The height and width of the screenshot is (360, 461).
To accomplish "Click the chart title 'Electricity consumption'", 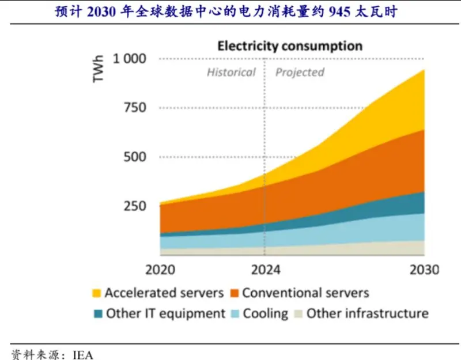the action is [x=290, y=47].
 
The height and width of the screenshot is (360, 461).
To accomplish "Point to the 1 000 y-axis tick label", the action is [x=130, y=59].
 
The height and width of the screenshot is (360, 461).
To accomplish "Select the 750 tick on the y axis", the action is [x=135, y=108].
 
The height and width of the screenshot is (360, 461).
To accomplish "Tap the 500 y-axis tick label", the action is [x=135, y=157].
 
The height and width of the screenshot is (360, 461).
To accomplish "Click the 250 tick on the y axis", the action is [x=135, y=206].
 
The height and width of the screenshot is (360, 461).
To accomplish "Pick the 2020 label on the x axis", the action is [x=160, y=270].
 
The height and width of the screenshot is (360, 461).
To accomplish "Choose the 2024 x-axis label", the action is [x=266, y=270].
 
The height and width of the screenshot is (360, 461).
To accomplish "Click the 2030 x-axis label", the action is [x=424, y=270].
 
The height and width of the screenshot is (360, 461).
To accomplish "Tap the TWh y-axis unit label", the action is [x=99, y=69].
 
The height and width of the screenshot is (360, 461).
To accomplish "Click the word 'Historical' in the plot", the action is [x=232, y=73].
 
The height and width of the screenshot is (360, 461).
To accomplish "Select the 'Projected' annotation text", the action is [x=300, y=73].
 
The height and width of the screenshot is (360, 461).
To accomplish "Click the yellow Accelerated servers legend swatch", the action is [x=97, y=293].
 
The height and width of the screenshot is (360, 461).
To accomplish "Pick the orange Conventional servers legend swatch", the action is [x=235, y=293].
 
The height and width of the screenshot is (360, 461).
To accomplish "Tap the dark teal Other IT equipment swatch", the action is [x=98, y=313].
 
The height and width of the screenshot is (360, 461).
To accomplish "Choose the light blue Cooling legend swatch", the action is [x=235, y=313].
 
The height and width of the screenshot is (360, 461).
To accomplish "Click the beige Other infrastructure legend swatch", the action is [x=298, y=313].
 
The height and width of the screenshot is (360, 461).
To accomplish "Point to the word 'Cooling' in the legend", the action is [x=266, y=314].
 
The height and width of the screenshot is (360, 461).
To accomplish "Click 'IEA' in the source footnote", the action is [x=83, y=355].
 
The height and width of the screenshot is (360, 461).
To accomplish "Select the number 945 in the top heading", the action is [x=340, y=12].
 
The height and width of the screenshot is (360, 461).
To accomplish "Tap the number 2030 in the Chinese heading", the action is [x=101, y=12].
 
